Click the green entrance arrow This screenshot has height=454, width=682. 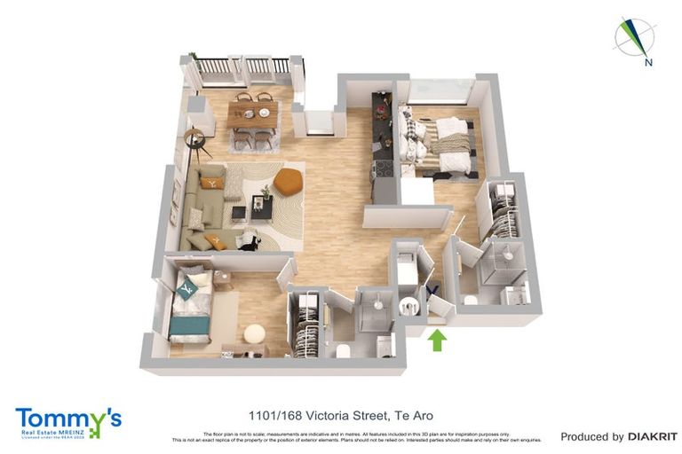tap(436, 340)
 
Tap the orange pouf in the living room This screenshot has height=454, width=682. tap(288, 182)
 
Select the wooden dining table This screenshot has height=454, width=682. tap(252, 113)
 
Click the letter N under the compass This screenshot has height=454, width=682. tap(649, 62)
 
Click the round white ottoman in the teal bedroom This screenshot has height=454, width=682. tap(254, 334)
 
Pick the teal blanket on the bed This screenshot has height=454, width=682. tap(188, 325)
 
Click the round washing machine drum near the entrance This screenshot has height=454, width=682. tap(409, 306)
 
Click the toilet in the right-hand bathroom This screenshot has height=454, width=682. tap(470, 301)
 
